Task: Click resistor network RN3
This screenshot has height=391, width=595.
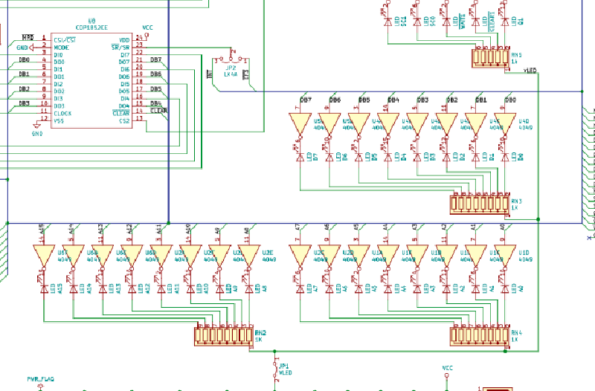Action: [x=479, y=203]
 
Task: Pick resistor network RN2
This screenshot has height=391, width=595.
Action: [x=224, y=336]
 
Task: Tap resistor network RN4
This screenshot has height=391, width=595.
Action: [x=479, y=336]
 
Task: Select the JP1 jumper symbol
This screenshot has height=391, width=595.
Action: [x=272, y=366]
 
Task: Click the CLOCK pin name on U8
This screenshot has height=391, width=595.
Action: [x=62, y=113]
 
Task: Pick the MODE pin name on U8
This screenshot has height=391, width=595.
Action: [x=62, y=47]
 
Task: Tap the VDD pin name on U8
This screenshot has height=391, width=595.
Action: [x=124, y=39]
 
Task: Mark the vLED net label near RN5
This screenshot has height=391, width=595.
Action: [x=530, y=71]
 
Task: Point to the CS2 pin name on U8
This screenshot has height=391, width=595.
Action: [x=124, y=120]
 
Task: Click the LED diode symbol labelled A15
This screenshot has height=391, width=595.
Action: [x=44, y=287]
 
